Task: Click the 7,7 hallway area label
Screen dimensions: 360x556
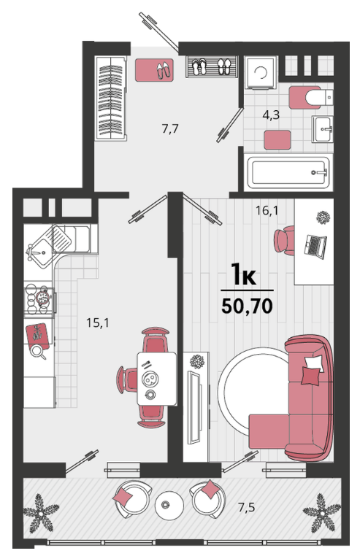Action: click(170, 128)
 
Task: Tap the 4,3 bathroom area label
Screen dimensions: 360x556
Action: click(271, 115)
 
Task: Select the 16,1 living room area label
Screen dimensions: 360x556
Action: click(267, 211)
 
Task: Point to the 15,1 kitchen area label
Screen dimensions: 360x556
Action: click(98, 323)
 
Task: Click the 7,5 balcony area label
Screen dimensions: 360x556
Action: click(247, 507)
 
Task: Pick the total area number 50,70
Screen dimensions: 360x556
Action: click(247, 306)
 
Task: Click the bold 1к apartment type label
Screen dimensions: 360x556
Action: click(244, 274)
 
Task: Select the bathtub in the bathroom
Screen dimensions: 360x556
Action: click(288, 173)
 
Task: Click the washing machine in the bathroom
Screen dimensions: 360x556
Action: click(261, 72)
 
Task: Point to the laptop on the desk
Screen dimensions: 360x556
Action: click(315, 245)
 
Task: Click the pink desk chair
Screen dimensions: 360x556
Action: click(285, 240)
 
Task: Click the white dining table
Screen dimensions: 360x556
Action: click(157, 379)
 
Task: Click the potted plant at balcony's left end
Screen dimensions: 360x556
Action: click(40, 513)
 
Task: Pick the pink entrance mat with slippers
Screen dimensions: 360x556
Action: click(154, 70)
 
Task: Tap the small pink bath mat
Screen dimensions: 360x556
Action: click(277, 139)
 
